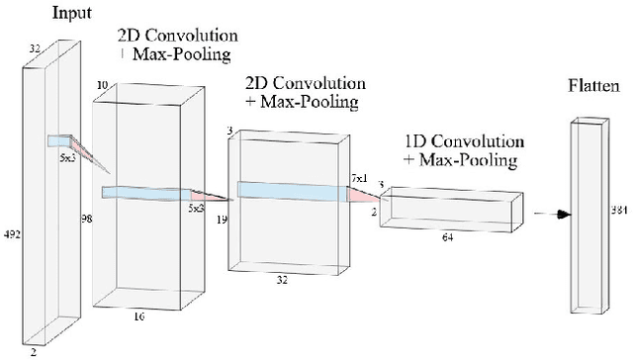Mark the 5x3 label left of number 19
[196, 209]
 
